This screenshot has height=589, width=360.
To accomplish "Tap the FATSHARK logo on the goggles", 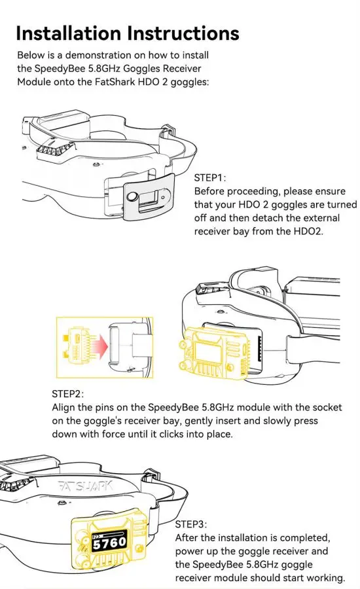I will pyautogui.click(x=86, y=486).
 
